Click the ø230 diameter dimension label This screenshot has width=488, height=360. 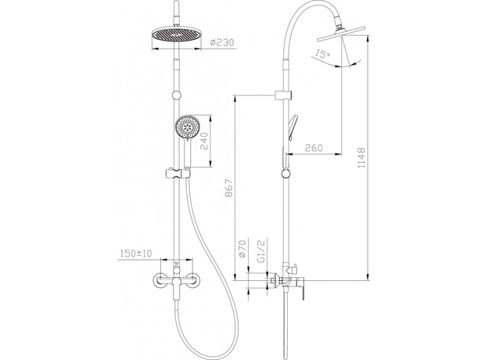click(221, 43)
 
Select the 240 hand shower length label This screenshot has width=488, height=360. click(204, 141)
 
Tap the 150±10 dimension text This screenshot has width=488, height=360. click(135, 254)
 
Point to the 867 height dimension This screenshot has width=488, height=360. click(228, 188)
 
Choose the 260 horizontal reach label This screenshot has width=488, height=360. click(314, 148)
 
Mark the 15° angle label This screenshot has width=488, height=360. click(321, 54)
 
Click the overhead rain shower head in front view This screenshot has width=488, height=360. click(176, 35)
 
